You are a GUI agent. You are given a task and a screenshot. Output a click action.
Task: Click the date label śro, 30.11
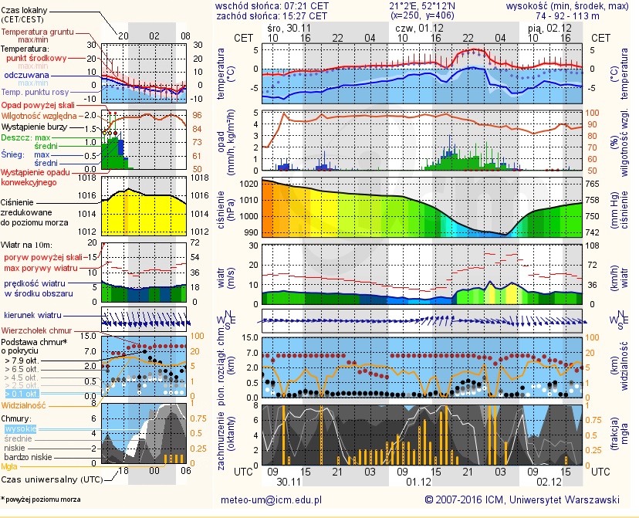[x=283, y=27]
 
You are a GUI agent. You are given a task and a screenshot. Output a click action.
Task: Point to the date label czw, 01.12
[x=414, y=27]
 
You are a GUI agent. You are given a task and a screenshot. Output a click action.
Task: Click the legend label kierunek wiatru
[x=32, y=315]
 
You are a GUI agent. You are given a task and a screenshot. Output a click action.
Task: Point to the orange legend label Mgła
[x=12, y=466]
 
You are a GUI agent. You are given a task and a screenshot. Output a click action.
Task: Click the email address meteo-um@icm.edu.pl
[x=271, y=499]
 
